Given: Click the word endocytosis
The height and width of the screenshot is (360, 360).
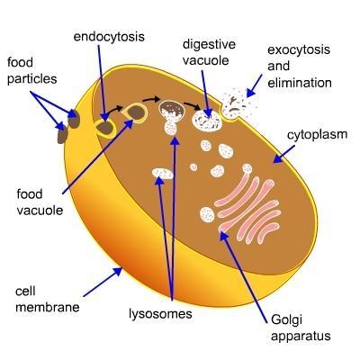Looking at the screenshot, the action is [109, 37].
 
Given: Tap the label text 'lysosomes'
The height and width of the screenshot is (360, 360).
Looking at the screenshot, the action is [160, 314].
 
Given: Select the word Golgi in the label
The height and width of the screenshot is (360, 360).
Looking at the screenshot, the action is [286, 320].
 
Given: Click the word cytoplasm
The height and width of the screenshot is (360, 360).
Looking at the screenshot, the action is [317, 135].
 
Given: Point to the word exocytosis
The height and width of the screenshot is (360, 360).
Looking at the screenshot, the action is [299, 49].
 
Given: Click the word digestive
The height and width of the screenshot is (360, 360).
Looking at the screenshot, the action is [209, 44].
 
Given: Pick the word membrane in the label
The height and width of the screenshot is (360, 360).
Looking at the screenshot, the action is [48, 307].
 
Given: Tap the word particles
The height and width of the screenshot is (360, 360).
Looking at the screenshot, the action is [31, 79].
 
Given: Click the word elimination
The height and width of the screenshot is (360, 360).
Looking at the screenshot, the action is [300, 83].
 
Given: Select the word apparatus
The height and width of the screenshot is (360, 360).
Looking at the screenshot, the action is [301, 336].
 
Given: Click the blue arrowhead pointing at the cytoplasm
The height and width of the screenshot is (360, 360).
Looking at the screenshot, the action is [278, 158].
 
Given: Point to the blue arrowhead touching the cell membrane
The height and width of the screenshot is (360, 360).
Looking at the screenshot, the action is [118, 272].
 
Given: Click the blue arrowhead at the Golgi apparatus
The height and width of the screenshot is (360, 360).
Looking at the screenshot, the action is [224, 237].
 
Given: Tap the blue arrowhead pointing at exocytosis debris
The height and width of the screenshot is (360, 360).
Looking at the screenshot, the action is [250, 93].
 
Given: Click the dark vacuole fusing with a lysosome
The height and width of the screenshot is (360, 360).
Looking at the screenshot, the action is [172, 111].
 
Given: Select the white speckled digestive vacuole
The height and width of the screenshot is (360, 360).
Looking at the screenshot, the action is [207, 121].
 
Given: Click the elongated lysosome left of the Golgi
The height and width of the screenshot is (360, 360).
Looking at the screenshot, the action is [163, 173].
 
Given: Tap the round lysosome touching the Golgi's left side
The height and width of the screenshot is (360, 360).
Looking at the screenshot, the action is [207, 215].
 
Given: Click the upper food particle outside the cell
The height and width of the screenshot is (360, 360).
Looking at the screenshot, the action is [74, 119].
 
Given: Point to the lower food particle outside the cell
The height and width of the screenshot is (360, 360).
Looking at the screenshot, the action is [62, 133].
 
